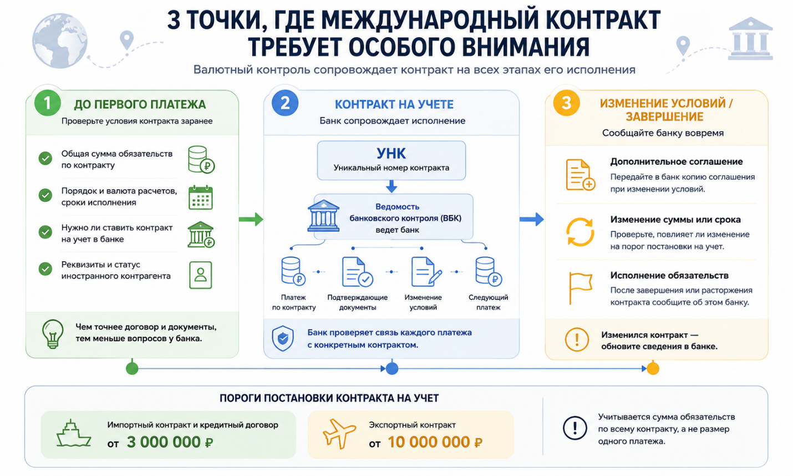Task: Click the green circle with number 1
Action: tap(48, 103)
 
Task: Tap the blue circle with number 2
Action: tap(284, 103)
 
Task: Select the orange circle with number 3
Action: tap(566, 103)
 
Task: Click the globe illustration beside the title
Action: tap(59, 40)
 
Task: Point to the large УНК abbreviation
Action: tap(391, 154)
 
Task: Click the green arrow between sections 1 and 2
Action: tap(251, 219)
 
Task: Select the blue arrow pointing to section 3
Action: tap(531, 219)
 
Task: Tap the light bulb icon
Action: tap(53, 334)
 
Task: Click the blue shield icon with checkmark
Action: tap(282, 338)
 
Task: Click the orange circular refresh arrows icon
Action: tap(580, 232)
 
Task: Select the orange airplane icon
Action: tap(339, 433)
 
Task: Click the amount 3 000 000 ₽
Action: tap(170, 442)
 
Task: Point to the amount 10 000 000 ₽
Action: tap(435, 442)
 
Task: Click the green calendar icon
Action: tap(200, 198)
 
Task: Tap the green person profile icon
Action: tap(200, 275)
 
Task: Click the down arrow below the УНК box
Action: tap(391, 186)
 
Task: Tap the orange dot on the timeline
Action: tap(653, 368)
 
